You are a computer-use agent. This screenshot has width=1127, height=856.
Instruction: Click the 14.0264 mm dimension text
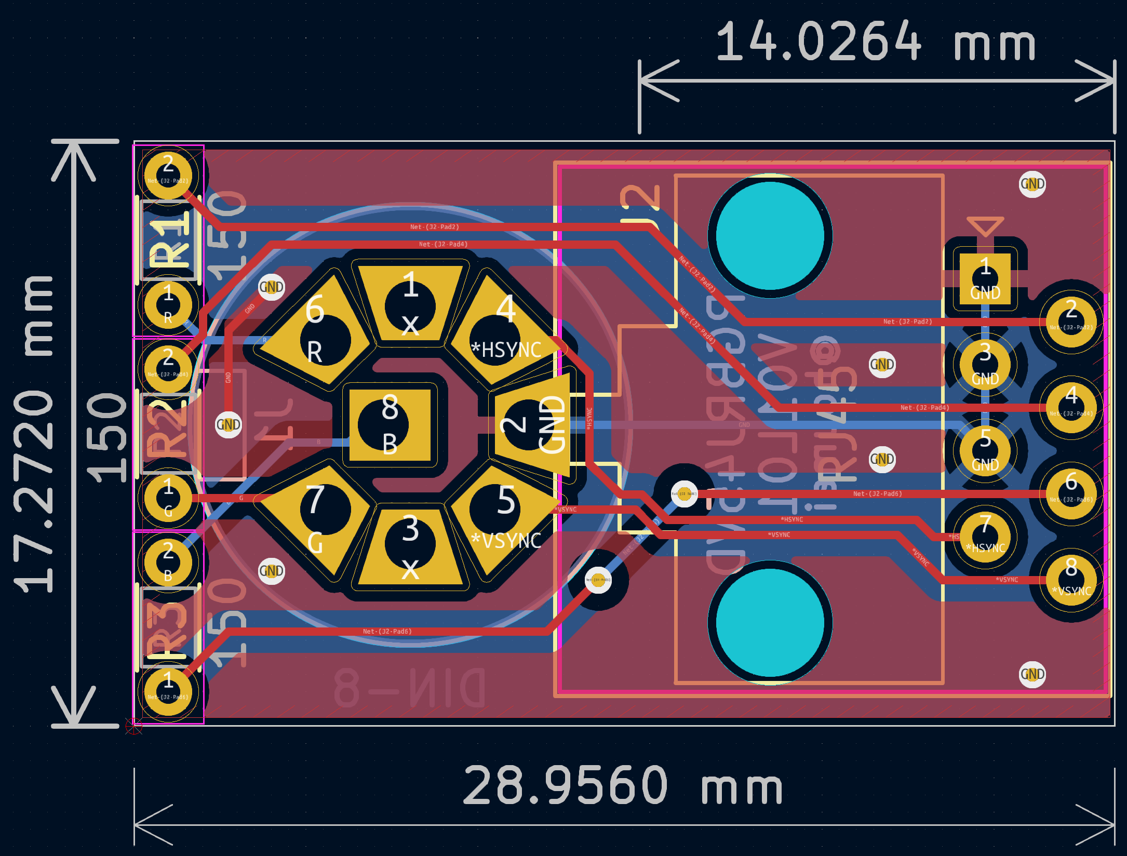(875, 42)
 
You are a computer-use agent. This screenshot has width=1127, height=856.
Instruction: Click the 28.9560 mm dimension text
(622, 785)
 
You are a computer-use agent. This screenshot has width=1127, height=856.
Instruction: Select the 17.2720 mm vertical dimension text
(34, 434)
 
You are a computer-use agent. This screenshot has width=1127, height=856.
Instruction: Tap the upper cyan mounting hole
(770, 236)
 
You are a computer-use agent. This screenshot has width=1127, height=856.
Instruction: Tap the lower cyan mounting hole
(770, 622)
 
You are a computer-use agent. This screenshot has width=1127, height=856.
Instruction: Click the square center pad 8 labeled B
(390, 425)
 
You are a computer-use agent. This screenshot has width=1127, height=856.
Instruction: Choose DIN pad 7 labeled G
(319, 517)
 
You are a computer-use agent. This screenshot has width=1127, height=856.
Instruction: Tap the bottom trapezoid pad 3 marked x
(410, 545)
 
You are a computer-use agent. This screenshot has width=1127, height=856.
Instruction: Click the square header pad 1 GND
(985, 279)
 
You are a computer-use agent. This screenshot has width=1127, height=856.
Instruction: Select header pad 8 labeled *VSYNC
(1071, 579)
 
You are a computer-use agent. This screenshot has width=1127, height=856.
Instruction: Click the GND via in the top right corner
(1032, 184)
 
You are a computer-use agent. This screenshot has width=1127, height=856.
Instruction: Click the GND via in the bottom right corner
(1032, 674)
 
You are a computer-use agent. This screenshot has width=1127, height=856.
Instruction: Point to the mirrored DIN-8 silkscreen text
(410, 688)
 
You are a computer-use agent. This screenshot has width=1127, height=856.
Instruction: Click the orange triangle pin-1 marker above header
(985, 226)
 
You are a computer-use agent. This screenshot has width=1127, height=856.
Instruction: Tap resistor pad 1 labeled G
(168, 498)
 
